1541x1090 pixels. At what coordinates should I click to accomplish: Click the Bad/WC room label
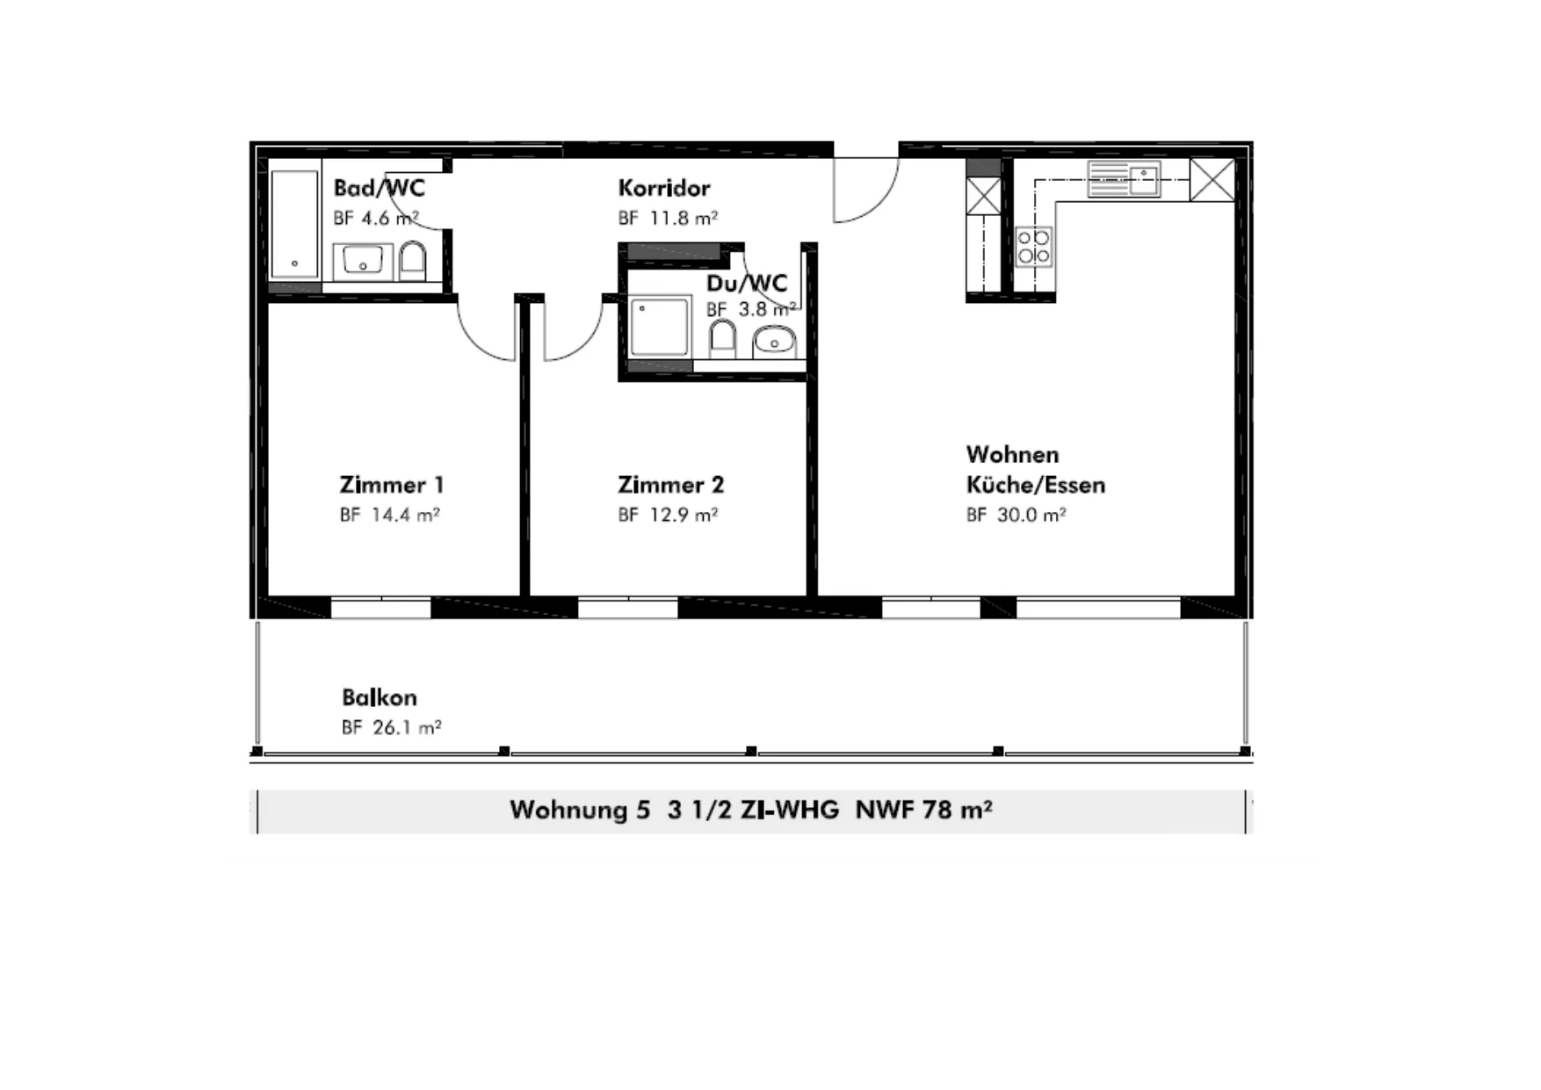click(x=379, y=188)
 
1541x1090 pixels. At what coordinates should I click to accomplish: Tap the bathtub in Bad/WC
click(x=294, y=224)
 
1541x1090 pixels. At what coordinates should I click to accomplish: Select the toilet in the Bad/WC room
click(x=413, y=261)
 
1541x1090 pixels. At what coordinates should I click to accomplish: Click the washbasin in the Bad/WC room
click(x=362, y=261)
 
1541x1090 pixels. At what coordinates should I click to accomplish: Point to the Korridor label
click(x=664, y=188)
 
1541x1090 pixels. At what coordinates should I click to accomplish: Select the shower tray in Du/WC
click(x=660, y=326)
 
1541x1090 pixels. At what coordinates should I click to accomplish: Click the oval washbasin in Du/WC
click(x=774, y=341)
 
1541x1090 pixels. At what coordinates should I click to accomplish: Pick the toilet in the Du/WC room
click(x=723, y=338)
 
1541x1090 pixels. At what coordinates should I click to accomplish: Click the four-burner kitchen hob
click(x=1033, y=247)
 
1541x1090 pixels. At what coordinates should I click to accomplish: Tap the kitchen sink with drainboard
click(x=1124, y=179)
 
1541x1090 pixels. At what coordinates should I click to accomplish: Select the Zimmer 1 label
click(x=392, y=485)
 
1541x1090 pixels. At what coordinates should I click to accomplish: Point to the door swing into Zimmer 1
click(x=486, y=331)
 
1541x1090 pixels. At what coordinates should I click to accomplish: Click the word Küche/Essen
click(x=1036, y=485)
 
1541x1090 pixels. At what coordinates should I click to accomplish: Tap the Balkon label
click(x=380, y=697)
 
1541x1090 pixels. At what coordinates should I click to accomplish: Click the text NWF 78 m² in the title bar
click(x=924, y=809)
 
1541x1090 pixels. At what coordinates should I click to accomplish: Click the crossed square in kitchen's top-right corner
click(x=1212, y=180)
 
